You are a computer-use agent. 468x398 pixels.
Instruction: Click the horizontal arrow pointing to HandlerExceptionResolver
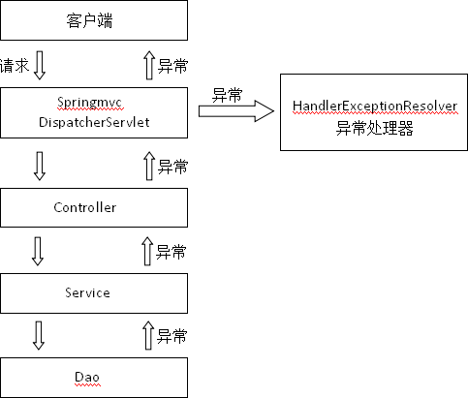pyautogui.click(x=235, y=111)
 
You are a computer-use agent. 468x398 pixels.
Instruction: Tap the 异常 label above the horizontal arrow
pyautogui.click(x=227, y=94)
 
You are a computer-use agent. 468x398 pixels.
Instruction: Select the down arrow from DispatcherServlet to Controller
pyautogui.click(x=40, y=165)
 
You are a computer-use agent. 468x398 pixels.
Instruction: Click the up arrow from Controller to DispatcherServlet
pyautogui.click(x=148, y=165)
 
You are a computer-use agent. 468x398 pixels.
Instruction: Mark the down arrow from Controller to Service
pyautogui.click(x=40, y=251)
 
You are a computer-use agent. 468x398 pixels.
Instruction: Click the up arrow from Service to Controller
pyautogui.click(x=148, y=251)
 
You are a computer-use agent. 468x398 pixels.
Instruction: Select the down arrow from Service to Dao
pyautogui.click(x=40, y=335)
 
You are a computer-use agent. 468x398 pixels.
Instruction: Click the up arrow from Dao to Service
pyautogui.click(x=148, y=335)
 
